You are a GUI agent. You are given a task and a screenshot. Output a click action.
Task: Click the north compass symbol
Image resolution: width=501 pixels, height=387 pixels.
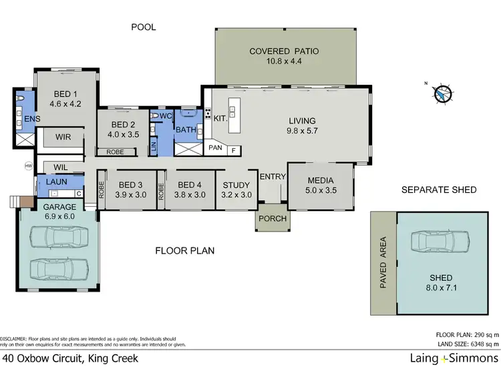443,95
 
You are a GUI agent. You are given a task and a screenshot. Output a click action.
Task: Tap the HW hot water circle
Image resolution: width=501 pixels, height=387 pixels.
28,165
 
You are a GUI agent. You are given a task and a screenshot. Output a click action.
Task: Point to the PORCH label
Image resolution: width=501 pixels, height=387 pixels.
272,219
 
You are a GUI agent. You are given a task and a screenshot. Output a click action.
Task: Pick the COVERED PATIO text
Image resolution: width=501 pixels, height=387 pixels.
284,51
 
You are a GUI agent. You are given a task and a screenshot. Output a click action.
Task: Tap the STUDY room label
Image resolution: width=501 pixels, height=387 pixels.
236,185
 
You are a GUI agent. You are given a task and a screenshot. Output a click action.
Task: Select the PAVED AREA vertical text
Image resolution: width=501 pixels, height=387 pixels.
383,262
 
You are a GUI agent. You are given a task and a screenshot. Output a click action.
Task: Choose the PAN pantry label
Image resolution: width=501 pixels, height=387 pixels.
215,147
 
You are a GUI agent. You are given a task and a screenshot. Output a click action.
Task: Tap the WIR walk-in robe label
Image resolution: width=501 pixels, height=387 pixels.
63,137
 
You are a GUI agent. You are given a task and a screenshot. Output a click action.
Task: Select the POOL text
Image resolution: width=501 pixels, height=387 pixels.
144,27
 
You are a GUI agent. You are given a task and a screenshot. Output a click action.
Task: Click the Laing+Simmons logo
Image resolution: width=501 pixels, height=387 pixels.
454,359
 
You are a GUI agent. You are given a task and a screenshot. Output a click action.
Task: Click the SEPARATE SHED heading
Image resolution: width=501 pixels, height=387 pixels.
438,190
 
